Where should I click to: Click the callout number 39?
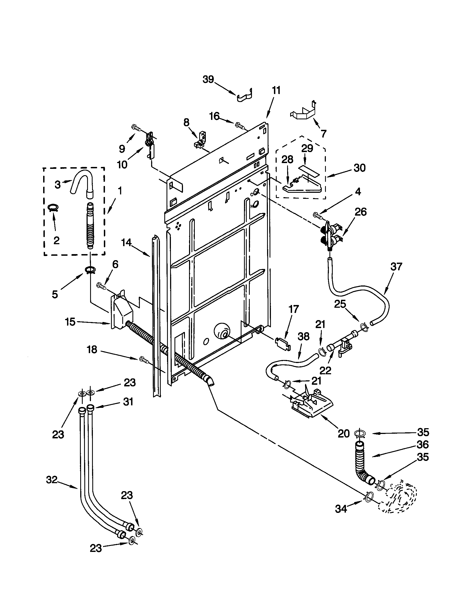208,79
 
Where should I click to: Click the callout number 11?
276,90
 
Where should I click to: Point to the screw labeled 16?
239,125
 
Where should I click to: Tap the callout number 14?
126,243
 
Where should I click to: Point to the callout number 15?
70,322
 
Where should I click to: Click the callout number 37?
396,266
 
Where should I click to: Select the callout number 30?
359,168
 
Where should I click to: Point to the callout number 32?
52,480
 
